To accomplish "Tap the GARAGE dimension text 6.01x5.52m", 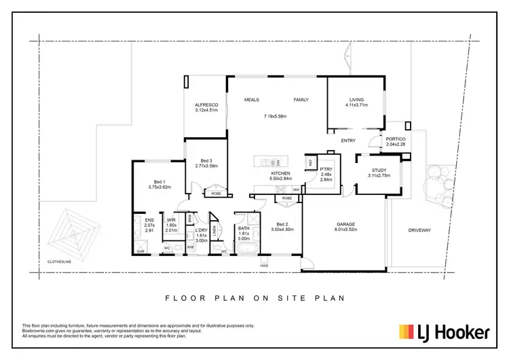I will click(x=351, y=230).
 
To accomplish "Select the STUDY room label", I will click(x=379, y=170).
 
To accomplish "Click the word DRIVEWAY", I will click(x=419, y=230).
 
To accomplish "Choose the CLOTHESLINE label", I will click(x=62, y=259).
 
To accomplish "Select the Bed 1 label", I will click(x=158, y=181).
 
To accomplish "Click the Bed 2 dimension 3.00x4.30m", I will click(x=281, y=230).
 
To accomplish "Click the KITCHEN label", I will click(x=281, y=174).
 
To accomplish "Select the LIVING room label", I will click(x=356, y=100).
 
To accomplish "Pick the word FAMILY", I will click(x=301, y=100).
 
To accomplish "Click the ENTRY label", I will click(x=348, y=141).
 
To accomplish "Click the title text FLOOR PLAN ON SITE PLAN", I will click(x=254, y=297).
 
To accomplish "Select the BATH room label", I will click(x=244, y=228).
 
